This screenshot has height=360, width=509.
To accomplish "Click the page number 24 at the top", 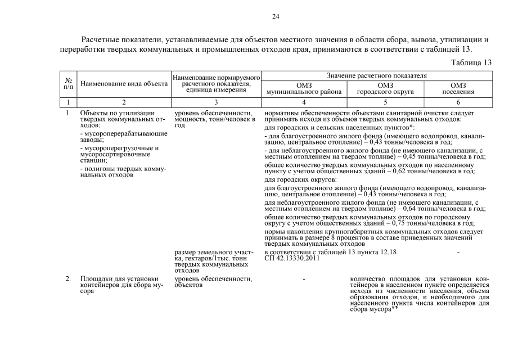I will pyautogui.click(x=276, y=16).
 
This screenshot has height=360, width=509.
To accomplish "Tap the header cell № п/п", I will pyautogui.click(x=68, y=83).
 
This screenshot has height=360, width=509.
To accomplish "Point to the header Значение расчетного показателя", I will pyautogui.click(x=376, y=75).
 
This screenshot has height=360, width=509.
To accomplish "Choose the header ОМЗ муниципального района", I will pyautogui.click(x=304, y=88).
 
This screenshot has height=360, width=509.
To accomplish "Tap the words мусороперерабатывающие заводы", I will pyautogui.click(x=124, y=137).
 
